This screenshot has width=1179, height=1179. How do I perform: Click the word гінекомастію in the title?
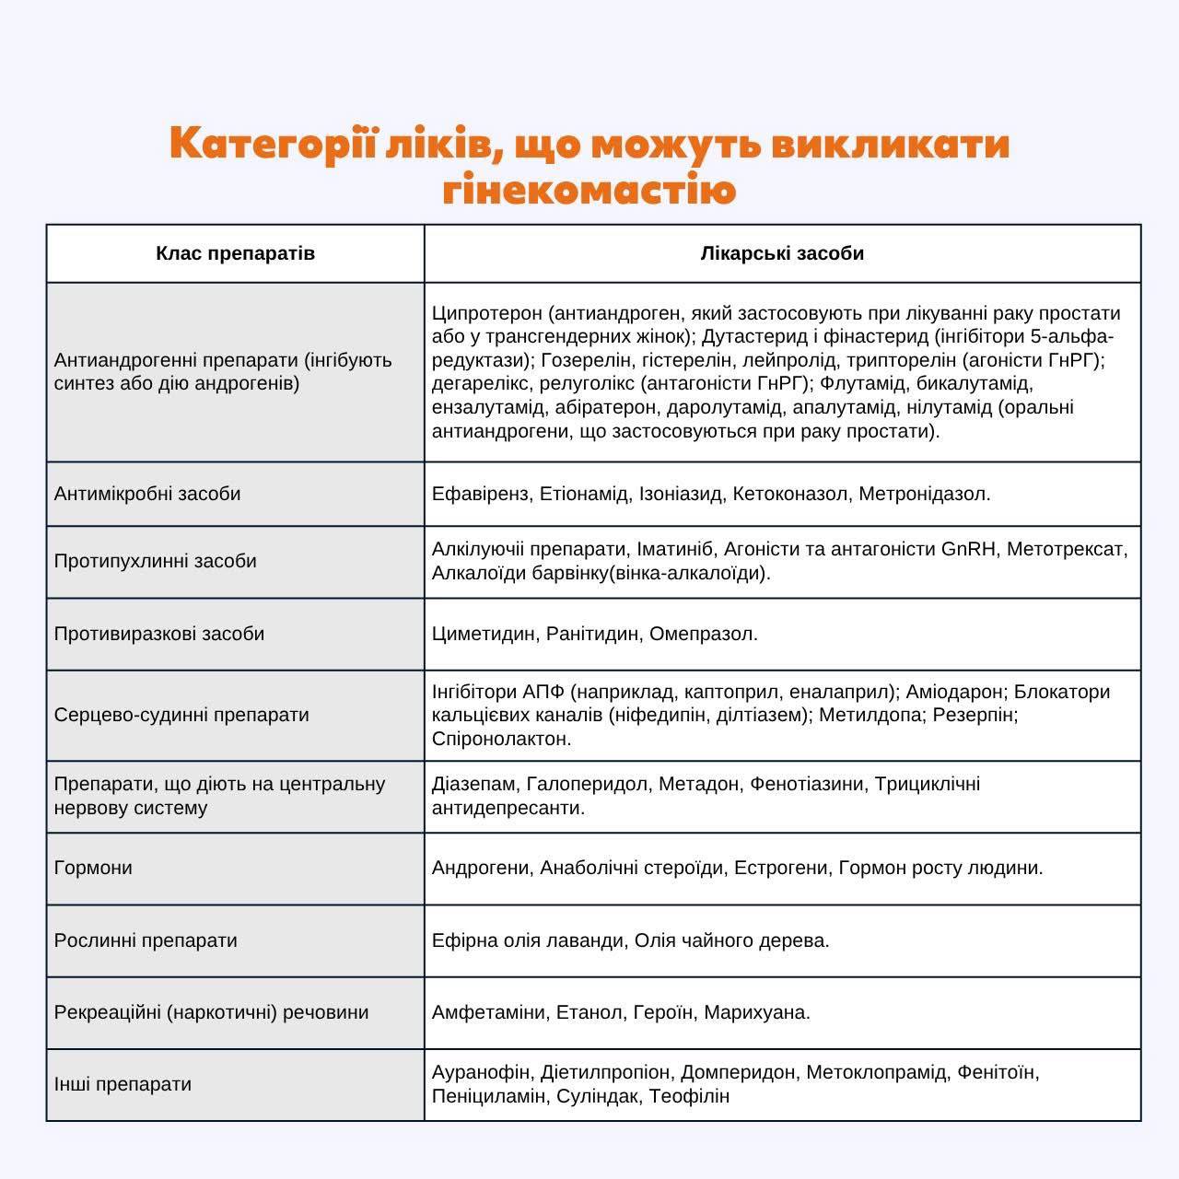[589, 191]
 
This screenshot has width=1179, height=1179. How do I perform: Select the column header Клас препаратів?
[235, 253]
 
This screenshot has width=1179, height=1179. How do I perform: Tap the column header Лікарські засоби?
[782, 253]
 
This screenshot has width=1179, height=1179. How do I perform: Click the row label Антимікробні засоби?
[147, 494]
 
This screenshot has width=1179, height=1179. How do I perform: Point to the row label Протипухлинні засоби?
[156, 561]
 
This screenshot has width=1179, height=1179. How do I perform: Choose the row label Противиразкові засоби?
[159, 634]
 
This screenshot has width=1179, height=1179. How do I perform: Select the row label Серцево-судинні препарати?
[181, 715]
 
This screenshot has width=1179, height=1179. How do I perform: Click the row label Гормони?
[93, 868]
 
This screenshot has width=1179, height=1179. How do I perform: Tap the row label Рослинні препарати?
[146, 940]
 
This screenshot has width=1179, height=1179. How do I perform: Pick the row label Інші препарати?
[123, 1084]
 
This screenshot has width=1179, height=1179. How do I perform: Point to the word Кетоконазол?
[790, 494]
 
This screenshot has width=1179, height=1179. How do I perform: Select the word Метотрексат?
[1067, 549]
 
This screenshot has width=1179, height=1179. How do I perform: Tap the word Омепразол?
[704, 634]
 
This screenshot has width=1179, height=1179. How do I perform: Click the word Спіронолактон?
[501, 739]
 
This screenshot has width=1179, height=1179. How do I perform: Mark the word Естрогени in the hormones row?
[780, 868]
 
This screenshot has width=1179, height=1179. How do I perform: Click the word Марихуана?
[757, 1012]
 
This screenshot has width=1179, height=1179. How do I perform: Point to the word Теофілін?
[689, 1096]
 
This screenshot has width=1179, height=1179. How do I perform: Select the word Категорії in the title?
[273, 144]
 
